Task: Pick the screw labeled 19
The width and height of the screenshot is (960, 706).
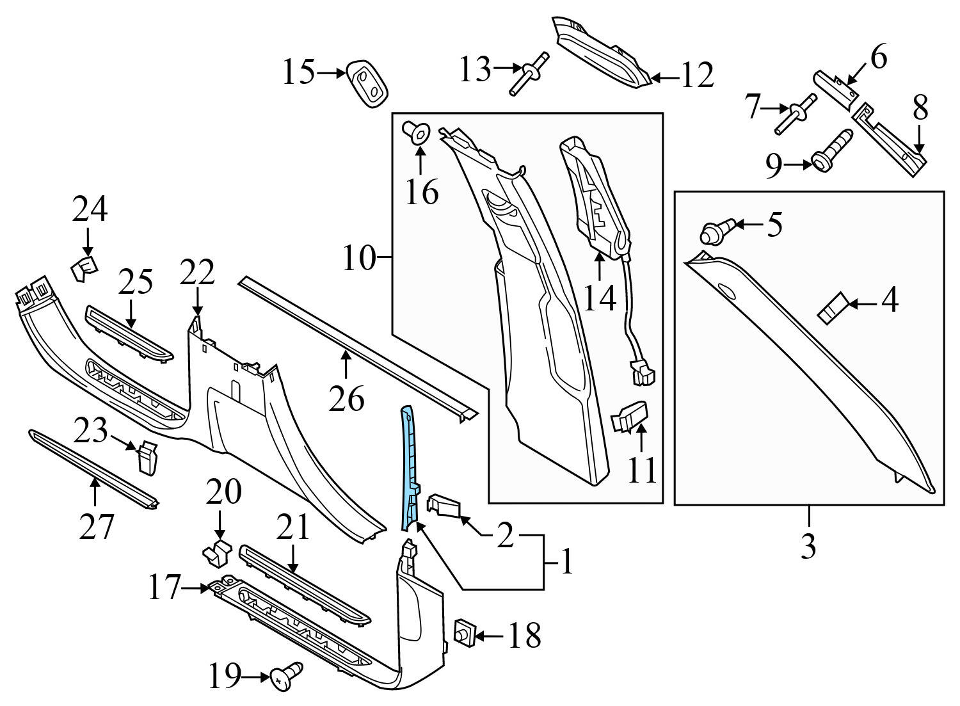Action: coord(286,676)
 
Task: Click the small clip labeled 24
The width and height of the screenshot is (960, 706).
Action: coord(84,268)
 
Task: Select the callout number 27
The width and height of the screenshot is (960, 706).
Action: coord(96,527)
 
